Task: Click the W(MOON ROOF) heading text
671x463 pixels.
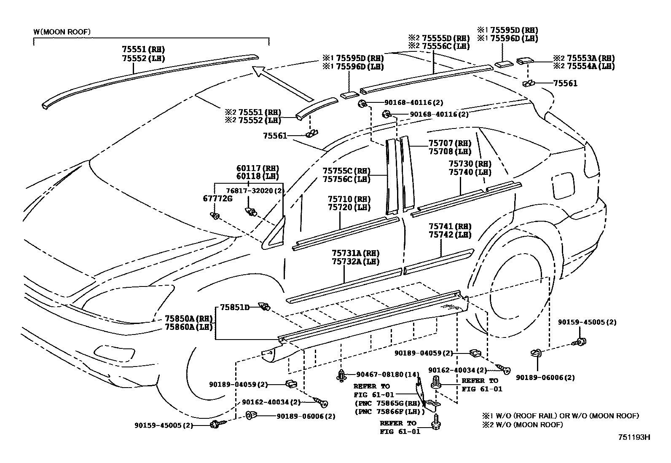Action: coord(62,32)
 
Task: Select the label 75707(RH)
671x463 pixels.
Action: coord(450,144)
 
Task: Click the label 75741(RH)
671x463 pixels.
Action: coord(450,227)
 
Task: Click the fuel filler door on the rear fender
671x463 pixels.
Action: coord(563,185)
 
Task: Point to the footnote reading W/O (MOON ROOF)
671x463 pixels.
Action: coord(522,425)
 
